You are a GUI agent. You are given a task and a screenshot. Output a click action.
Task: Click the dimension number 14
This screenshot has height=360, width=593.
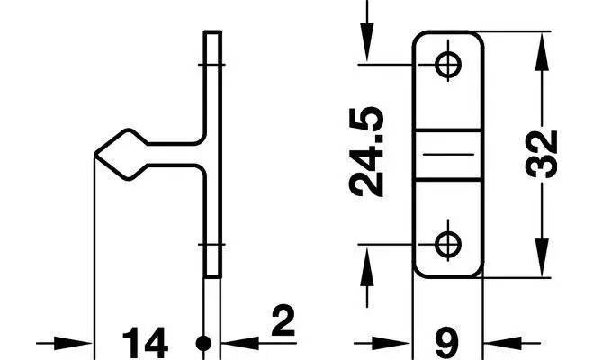(x=146, y=343)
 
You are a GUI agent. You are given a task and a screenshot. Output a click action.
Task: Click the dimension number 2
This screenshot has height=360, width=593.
(x=283, y=321)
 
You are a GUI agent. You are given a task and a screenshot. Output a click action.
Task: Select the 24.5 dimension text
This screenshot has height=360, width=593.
(x=366, y=151)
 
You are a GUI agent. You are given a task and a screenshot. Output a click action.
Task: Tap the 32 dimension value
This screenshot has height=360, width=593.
(x=541, y=154)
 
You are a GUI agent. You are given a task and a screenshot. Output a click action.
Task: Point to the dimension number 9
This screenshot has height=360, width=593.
(x=446, y=343)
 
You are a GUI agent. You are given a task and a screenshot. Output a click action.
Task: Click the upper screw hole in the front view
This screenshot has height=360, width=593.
(x=448, y=65)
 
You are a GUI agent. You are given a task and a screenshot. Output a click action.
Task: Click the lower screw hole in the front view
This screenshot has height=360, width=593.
(x=448, y=244)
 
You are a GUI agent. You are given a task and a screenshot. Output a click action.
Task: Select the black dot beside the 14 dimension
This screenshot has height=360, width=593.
(x=204, y=344)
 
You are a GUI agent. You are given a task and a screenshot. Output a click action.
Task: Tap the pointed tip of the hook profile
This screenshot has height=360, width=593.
(x=94, y=154)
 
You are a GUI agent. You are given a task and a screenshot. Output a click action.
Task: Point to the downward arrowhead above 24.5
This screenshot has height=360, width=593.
(x=367, y=42)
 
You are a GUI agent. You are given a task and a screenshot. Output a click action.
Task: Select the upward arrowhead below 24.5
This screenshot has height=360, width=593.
(x=367, y=267)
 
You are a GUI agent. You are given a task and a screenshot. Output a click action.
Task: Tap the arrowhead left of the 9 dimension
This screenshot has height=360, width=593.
(x=391, y=344)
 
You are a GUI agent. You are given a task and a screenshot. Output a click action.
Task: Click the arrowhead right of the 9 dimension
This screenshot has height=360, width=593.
(x=503, y=344)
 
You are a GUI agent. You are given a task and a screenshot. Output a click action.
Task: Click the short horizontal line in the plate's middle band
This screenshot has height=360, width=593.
(x=448, y=155)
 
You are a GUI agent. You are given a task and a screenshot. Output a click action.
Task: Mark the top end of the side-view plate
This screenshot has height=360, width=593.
(x=212, y=31)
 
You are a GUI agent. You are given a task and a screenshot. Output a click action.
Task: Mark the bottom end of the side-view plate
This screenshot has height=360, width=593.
(x=212, y=277)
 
